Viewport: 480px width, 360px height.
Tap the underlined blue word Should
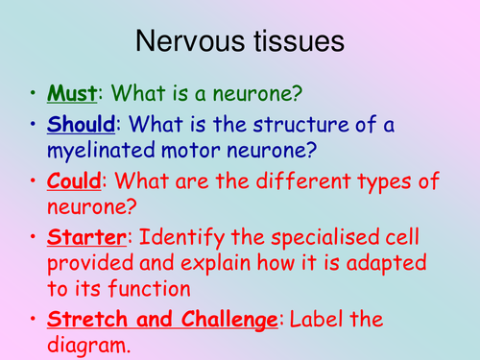[x=84, y=127]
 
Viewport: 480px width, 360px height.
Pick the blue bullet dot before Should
[x=35, y=127]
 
